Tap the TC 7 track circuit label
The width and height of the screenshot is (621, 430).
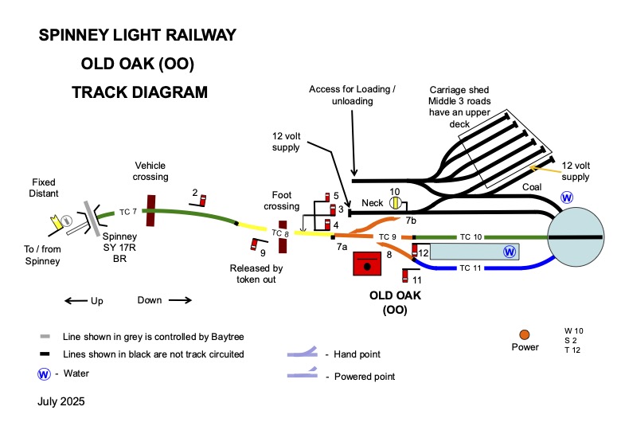click(128, 212)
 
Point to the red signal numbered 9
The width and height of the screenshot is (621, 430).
click(256, 244)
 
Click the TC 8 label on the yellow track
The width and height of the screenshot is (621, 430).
click(280, 233)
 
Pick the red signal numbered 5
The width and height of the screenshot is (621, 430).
click(327, 197)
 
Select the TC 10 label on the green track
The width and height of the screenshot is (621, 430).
click(471, 237)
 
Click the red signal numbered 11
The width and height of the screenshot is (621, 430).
click(407, 277)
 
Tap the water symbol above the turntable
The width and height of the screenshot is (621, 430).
click(568, 197)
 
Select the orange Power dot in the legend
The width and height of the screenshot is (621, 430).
click(524, 334)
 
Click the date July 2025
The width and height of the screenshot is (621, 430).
click(61, 402)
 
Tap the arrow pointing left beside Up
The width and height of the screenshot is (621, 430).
click(76, 301)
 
